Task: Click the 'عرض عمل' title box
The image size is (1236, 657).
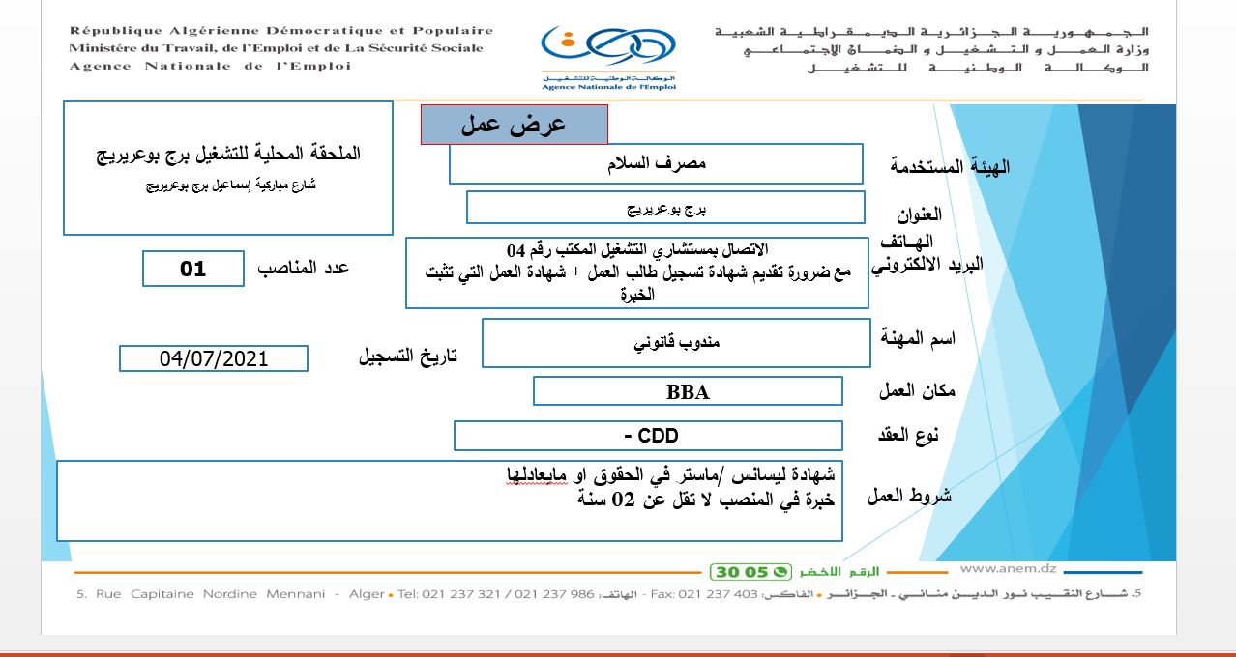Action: click(514, 125)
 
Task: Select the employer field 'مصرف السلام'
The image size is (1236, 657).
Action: click(655, 163)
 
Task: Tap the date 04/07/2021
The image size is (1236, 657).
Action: click(214, 358)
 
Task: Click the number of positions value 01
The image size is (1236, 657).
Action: click(193, 269)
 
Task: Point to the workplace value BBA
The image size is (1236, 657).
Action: click(688, 391)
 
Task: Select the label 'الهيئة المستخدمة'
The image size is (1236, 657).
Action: click(950, 166)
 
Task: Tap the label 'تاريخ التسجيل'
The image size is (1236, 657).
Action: click(407, 356)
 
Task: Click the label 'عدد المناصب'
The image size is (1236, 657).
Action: click(303, 269)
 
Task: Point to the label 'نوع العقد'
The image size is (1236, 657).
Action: click(911, 436)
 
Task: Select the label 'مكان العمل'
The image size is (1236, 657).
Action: click(917, 390)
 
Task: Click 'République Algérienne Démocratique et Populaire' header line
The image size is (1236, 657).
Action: click(280, 31)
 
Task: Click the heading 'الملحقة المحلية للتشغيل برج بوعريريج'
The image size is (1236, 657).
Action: click(229, 154)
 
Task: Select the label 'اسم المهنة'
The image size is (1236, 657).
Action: click(918, 339)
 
